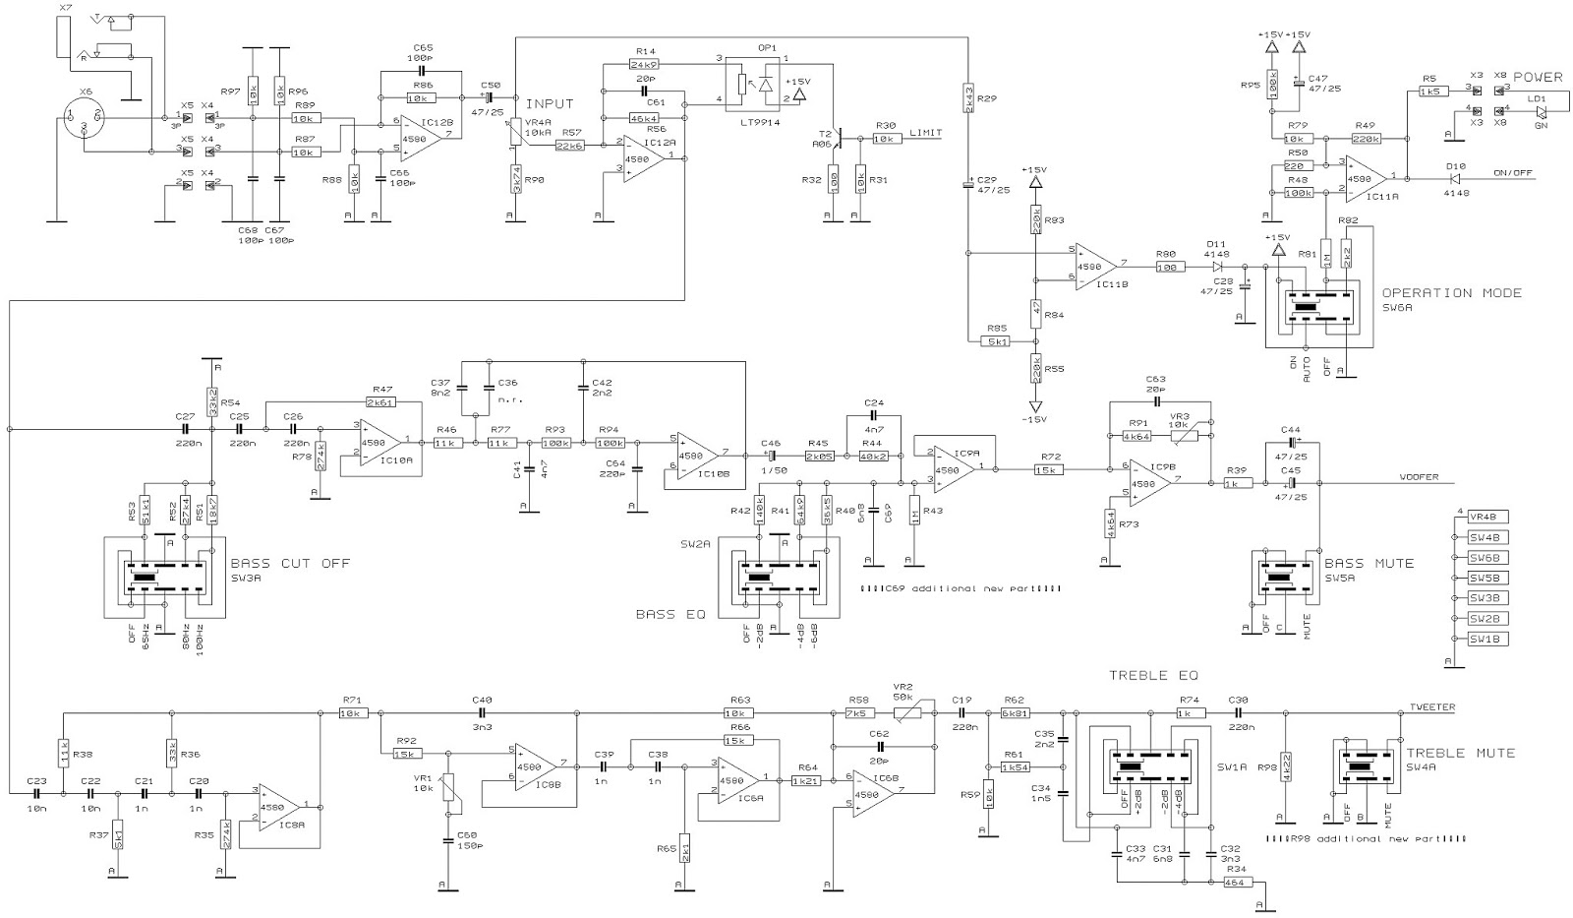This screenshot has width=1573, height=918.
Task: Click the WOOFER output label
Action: (x=1418, y=478)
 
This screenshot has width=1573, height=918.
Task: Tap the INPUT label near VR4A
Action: (x=550, y=103)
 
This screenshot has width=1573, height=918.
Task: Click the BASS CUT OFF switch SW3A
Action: (x=165, y=578)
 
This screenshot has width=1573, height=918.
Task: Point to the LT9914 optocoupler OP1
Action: (x=755, y=84)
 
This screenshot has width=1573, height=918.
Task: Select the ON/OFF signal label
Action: (x=1513, y=173)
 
